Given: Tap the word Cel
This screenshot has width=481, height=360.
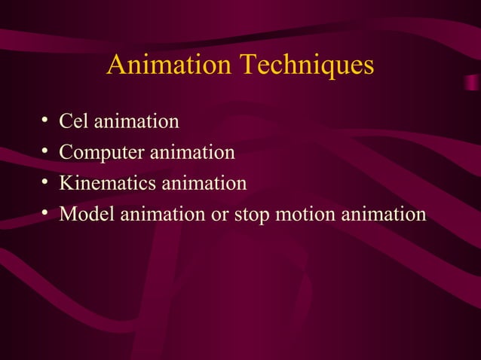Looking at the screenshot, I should [x=75, y=121].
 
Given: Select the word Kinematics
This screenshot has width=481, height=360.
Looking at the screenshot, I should [x=108, y=183].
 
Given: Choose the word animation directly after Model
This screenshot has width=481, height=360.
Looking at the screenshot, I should [x=158, y=214].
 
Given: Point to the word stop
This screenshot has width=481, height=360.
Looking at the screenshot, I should [x=251, y=214].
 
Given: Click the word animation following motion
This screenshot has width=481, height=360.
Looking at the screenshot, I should [x=384, y=214].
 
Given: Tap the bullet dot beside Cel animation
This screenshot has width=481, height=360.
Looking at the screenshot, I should [x=46, y=121].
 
